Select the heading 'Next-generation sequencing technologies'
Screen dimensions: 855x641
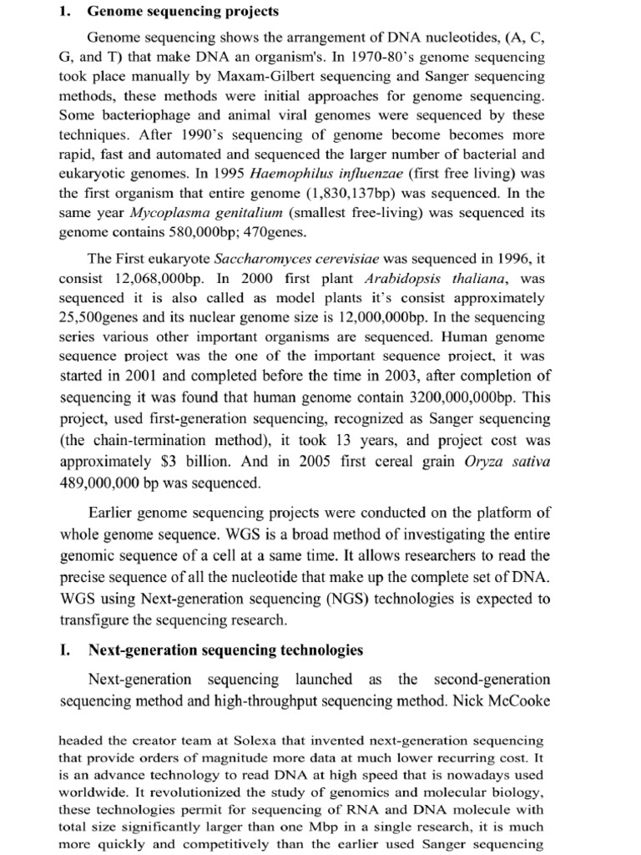coord(225,650)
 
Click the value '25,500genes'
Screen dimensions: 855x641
coord(105,317)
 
